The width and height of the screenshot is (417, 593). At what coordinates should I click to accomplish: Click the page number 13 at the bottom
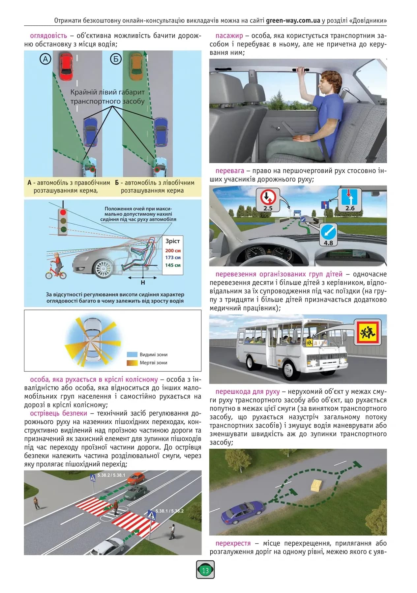click(205, 570)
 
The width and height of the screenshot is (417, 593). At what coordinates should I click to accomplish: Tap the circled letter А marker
click(45, 59)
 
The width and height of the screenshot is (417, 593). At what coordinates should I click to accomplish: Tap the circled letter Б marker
click(116, 59)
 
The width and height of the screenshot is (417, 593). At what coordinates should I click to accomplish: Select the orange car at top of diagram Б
click(136, 67)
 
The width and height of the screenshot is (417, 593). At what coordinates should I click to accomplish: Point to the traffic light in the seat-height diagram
click(63, 221)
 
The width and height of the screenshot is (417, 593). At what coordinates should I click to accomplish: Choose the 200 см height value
click(173, 250)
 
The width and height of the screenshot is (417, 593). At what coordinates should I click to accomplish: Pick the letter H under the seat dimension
click(143, 283)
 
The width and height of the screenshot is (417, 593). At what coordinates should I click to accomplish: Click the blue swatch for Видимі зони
click(132, 354)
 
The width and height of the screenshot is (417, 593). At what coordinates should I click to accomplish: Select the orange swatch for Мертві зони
click(132, 363)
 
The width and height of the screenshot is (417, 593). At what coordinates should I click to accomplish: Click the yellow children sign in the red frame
click(368, 332)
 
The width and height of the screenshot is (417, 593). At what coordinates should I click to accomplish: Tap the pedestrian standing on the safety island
click(116, 508)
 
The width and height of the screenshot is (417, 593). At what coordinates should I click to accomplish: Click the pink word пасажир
click(229, 36)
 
